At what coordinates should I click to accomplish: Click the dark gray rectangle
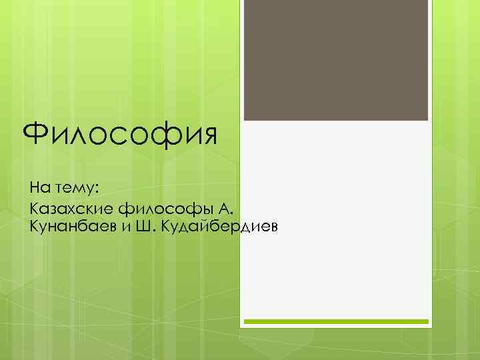(x=335, y=60)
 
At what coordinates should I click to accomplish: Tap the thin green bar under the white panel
(x=335, y=321)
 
